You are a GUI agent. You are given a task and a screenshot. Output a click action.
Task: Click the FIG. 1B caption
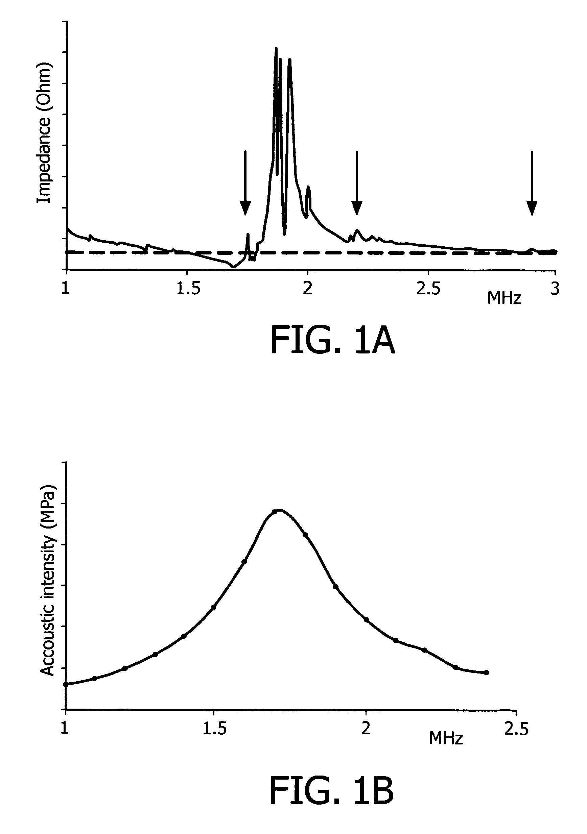(332, 791)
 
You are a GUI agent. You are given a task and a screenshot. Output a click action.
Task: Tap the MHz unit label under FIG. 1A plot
(504, 298)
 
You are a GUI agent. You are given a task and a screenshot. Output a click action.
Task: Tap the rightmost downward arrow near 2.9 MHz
(532, 183)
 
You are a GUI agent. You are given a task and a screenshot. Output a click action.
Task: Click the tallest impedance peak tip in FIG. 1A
(276, 48)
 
